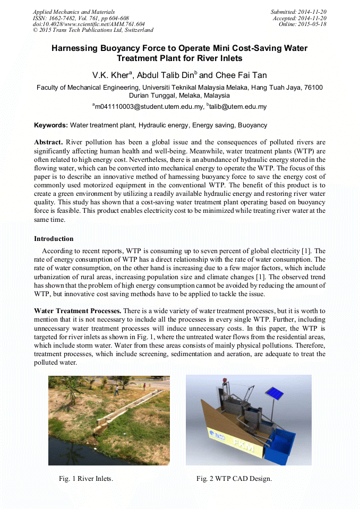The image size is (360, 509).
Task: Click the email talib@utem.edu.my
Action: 238,107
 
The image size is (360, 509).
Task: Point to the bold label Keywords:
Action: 51,125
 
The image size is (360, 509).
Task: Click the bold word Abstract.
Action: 48,142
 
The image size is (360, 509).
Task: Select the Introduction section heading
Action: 54,239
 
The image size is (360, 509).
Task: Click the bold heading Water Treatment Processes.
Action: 78,310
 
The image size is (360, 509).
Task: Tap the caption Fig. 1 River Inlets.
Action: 86,479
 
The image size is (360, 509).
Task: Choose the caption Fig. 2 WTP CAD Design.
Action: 234,479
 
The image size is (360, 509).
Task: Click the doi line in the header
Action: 89,24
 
